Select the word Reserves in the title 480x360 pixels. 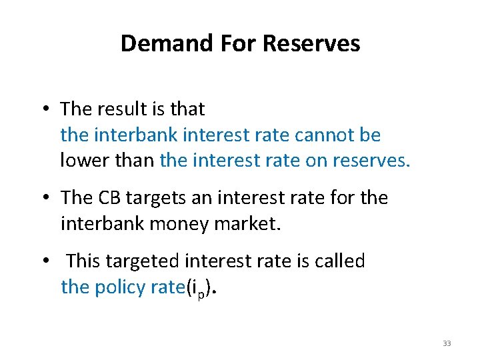pos(311,44)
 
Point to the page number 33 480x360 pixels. pos(447,343)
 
